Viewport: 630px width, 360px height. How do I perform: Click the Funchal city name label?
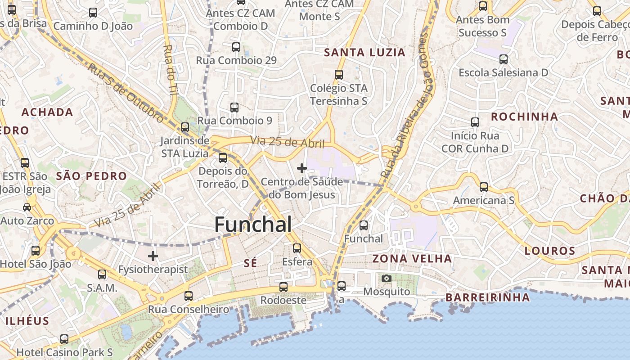[x=253, y=224]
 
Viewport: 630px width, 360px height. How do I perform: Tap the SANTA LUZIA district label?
[x=364, y=53]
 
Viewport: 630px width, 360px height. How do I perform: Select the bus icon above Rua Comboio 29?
[x=236, y=47]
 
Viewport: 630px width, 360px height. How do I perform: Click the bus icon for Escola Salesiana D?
[x=503, y=59]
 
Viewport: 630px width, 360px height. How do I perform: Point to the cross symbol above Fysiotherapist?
[x=153, y=256]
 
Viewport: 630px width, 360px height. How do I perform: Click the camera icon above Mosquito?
[x=386, y=279]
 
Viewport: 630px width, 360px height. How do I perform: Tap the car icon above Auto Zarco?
[x=27, y=207]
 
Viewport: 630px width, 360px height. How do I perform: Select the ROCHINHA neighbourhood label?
[x=524, y=117]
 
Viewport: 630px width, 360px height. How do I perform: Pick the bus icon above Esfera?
[x=297, y=248]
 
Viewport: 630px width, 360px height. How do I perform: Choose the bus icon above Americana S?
[x=483, y=187]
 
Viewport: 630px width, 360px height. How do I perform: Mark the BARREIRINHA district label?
[x=487, y=297]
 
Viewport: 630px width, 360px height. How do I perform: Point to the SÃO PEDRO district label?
[x=91, y=176]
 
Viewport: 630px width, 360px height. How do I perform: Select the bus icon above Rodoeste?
[x=283, y=287]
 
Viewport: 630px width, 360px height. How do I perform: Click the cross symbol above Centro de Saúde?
[x=302, y=168]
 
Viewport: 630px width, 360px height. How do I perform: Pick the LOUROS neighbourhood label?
[x=550, y=251]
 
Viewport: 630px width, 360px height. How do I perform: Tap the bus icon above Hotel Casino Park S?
[x=64, y=339]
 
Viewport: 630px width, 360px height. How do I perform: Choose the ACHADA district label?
[x=47, y=112]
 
